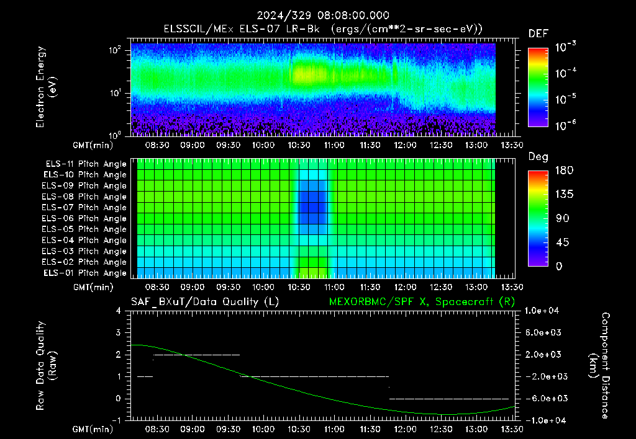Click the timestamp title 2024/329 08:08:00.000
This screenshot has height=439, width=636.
tap(323, 16)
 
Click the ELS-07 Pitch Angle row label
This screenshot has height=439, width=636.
tap(84, 207)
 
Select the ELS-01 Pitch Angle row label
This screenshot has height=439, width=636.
tap(84, 273)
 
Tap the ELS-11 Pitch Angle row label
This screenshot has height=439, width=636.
tap(86, 164)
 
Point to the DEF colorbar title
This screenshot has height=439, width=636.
tap(538, 33)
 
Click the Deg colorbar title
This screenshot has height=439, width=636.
tap(538, 157)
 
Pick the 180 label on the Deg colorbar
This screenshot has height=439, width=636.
tap(564, 170)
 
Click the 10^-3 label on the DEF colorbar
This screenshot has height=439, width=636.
tap(566, 47)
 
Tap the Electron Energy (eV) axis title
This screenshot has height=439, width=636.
tap(46, 87)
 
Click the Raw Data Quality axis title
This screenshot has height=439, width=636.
tap(46, 366)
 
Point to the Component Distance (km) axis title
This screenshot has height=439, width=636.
tap(599, 366)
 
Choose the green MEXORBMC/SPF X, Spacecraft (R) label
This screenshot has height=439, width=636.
tap(422, 302)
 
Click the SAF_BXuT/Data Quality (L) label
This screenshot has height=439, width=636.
tap(205, 302)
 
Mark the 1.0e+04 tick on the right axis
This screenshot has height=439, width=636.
tap(542, 311)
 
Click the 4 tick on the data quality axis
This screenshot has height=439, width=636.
tap(119, 311)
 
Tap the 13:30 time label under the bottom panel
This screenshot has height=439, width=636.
tap(512, 429)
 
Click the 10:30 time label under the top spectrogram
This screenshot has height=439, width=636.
tap(299, 145)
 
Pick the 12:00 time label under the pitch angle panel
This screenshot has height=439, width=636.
tap(405, 287)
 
